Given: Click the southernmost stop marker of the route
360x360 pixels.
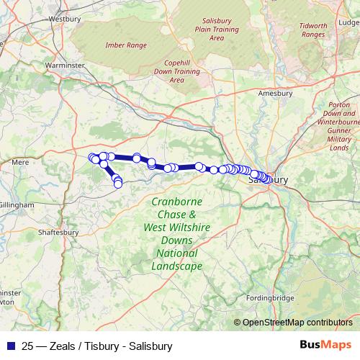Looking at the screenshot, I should tap(118, 184).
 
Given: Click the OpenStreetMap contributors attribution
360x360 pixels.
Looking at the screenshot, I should tap(297, 322).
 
